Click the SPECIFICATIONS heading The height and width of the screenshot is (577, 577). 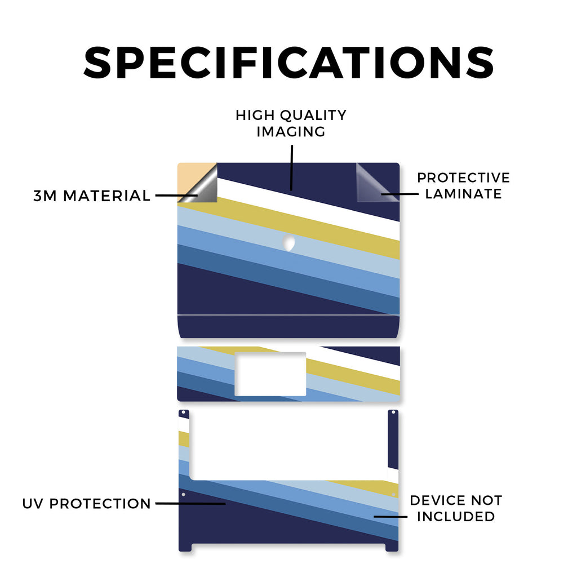(288, 63)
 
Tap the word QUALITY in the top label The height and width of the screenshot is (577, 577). (313, 115)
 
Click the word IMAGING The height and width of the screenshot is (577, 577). (291, 132)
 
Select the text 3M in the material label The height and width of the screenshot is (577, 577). (45, 196)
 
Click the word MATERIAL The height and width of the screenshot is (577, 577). (106, 196)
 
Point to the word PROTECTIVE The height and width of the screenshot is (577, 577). (463, 177)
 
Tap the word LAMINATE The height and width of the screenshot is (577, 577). (463, 194)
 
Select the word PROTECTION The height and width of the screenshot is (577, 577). (100, 504)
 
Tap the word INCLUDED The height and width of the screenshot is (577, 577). (456, 517)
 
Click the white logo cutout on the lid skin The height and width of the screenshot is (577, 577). (289, 243)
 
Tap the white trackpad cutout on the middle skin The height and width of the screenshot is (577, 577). (270, 374)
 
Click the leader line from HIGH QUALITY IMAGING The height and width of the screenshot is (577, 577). (291, 168)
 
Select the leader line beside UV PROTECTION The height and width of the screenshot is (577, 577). (190, 503)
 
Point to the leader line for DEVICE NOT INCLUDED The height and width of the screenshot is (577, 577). (390, 517)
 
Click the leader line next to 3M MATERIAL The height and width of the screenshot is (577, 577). (176, 196)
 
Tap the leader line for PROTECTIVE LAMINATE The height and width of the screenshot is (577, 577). (400, 194)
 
